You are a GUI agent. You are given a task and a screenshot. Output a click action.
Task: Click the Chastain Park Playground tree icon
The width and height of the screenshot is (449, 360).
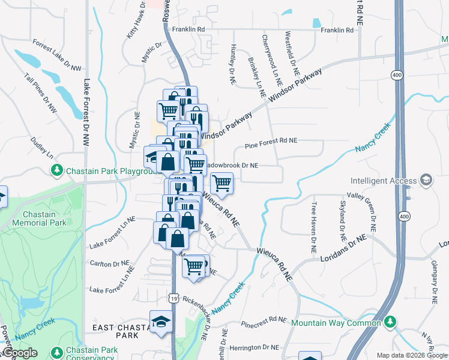58,170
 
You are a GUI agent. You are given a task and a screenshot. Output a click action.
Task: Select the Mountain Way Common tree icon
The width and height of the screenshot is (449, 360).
390,323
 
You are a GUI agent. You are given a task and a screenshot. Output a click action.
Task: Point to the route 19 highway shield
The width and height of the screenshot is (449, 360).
173,298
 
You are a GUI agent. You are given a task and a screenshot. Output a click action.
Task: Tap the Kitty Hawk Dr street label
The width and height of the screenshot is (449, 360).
136,22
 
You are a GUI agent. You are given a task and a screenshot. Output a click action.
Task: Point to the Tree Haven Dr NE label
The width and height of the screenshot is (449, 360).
313,227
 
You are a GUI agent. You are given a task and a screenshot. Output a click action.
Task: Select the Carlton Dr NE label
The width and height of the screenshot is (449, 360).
109,263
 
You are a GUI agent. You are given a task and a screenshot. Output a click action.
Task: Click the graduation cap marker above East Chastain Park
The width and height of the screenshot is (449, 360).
161,321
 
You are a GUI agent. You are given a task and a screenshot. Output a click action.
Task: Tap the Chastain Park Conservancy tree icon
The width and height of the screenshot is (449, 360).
58,351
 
